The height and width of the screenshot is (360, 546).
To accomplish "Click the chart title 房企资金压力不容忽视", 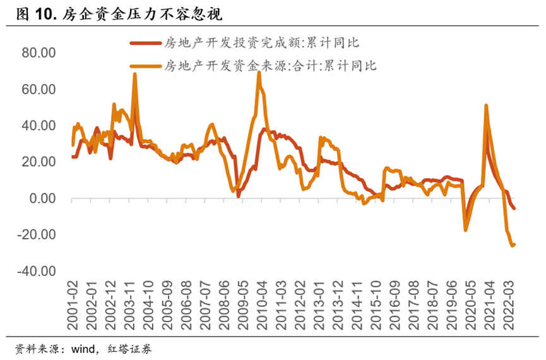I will point(141,13).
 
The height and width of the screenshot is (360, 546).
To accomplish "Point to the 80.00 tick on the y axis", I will point(39,52).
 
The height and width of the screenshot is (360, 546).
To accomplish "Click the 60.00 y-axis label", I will point(39,89).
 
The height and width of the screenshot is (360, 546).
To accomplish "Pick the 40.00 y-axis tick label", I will point(39,126).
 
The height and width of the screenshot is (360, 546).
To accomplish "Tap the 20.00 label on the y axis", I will point(39,162).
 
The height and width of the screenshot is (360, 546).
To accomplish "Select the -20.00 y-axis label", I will point(37,234).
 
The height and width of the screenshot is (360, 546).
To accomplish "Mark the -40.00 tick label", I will point(37,271).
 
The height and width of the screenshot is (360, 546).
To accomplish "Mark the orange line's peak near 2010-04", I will point(259,73).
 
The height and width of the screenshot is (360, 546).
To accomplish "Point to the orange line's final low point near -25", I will point(512,246).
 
